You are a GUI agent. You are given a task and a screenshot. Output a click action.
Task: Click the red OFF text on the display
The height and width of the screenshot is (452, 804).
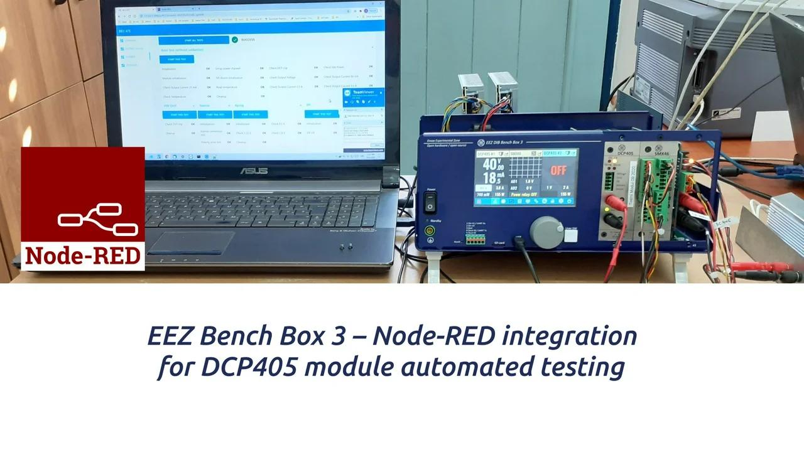[558, 169]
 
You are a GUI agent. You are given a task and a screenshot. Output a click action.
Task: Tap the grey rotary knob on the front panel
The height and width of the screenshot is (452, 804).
[546, 232]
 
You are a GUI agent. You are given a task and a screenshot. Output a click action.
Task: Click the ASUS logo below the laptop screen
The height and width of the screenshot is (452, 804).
[253, 171]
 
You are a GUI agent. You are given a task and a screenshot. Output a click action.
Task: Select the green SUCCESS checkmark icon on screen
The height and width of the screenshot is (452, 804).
[234, 40]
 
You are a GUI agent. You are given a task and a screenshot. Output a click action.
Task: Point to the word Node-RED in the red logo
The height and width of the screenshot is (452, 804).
[83, 256]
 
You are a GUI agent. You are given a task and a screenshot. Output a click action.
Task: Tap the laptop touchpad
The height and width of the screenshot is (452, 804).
[191, 243]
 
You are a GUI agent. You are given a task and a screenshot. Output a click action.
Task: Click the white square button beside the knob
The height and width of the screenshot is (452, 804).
[570, 236]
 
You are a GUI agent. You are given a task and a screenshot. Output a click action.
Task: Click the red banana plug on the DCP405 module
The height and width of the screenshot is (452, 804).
[610, 201]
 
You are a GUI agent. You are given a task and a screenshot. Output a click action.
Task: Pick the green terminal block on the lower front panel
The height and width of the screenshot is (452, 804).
[475, 240]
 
